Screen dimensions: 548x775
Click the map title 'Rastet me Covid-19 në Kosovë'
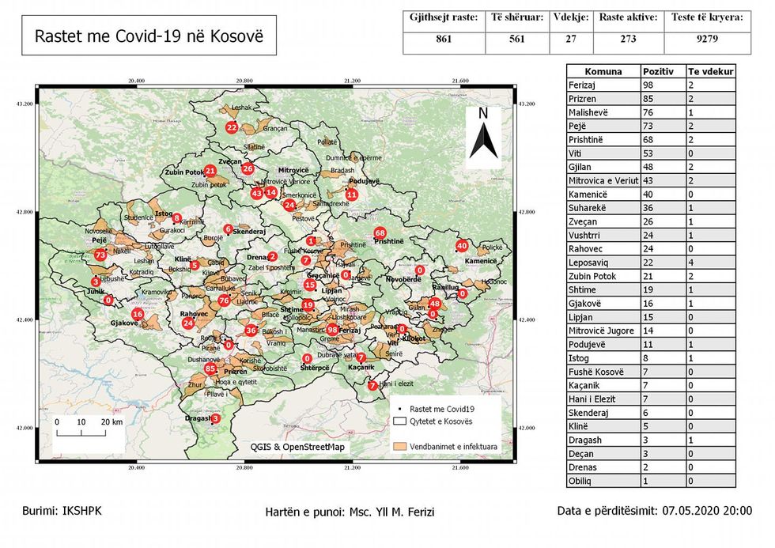tap(149, 36)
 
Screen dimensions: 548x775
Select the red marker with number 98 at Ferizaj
tap(333, 329)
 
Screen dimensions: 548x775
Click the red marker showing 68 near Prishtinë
tap(380, 232)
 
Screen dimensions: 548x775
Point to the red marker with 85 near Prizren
tap(210, 368)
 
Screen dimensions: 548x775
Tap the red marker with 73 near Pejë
tap(100, 255)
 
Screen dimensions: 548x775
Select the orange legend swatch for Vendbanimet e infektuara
tap(403, 446)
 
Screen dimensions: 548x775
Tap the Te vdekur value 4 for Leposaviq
tap(691, 263)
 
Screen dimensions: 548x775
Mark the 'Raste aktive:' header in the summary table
tap(628, 17)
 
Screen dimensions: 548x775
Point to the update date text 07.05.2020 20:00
tap(708, 511)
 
